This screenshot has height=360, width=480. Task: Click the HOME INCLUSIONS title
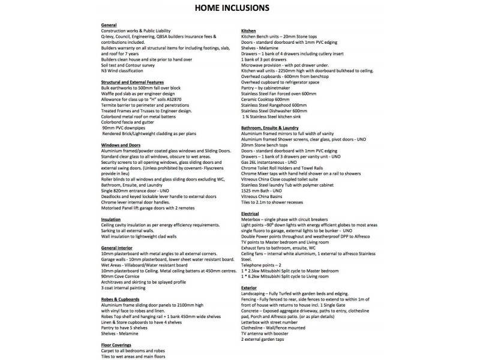[x=239, y=8]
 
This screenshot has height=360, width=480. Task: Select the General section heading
[x=109, y=24]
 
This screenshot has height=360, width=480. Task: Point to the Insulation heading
[x=112, y=220]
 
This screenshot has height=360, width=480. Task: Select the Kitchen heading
[x=248, y=30]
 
